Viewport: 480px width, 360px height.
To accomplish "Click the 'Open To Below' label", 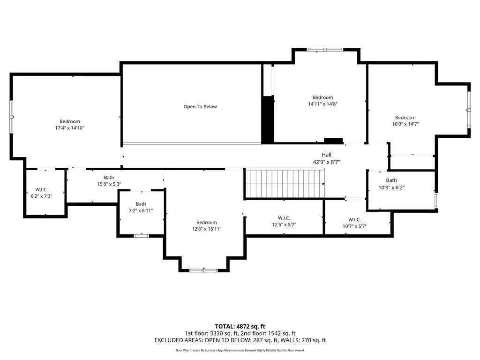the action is point(200,106).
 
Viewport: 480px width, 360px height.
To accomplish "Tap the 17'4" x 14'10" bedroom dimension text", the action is point(69,128).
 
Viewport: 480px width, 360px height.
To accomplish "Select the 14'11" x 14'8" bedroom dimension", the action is point(322,104).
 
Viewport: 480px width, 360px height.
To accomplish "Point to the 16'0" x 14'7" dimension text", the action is point(405,124).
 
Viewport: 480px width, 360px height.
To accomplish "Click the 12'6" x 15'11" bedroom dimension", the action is point(207,229).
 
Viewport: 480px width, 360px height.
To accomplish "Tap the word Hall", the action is point(326,155).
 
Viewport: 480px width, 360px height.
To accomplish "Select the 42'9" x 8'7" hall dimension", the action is point(326,162).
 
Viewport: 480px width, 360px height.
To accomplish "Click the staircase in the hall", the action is point(285,184).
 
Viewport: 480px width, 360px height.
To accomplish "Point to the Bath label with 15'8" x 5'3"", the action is point(109,178).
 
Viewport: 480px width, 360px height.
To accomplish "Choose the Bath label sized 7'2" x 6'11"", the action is point(141,204).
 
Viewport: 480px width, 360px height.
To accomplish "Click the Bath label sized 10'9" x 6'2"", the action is point(391,180).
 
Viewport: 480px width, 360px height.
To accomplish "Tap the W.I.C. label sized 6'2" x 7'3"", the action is point(41,190).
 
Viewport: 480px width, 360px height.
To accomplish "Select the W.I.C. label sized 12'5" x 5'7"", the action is point(284,218).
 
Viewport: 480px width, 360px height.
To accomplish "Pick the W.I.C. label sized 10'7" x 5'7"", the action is point(354,219).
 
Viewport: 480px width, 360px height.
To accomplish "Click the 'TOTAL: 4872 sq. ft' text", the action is point(240,326).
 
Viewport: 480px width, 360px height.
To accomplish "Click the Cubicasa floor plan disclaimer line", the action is point(240,350).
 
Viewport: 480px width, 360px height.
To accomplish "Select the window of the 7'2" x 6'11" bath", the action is point(142,236).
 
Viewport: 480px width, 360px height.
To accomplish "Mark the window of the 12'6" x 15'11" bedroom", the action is point(203,270).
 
